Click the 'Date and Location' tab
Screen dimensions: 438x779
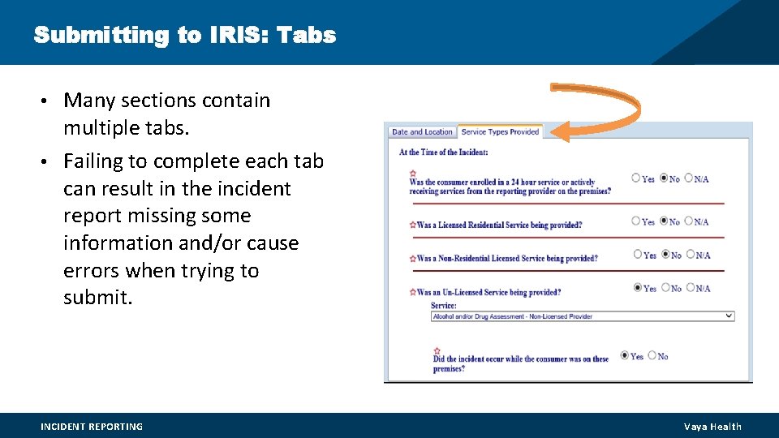(x=421, y=132)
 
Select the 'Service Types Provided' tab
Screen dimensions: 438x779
(x=500, y=132)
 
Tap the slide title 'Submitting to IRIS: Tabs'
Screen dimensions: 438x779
(x=185, y=36)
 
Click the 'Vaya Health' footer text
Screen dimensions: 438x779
(x=712, y=427)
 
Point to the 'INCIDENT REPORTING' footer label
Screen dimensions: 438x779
(x=92, y=427)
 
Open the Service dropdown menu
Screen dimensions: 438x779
(x=583, y=316)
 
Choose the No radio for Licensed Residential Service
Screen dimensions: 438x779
(x=665, y=221)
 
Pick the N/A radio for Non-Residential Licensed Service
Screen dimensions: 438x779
(x=689, y=255)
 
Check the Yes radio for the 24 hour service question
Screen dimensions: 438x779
(x=636, y=178)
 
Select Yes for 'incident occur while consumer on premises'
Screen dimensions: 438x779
(x=624, y=355)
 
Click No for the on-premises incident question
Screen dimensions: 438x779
(x=651, y=355)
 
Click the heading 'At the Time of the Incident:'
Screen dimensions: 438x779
(x=443, y=152)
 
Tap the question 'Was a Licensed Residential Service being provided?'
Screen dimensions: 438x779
(x=499, y=225)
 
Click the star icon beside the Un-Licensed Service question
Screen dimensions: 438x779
(x=413, y=291)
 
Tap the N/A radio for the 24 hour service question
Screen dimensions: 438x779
(x=689, y=178)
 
